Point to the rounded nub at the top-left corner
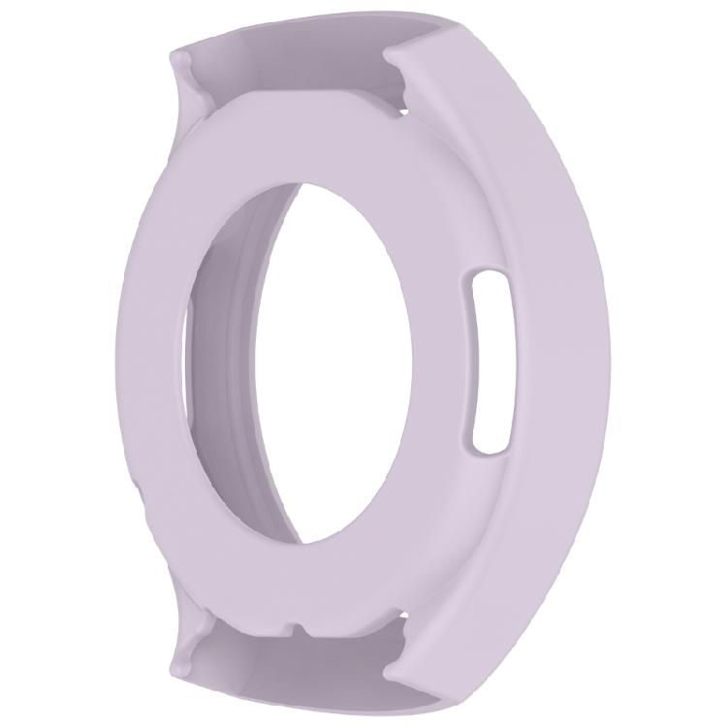[179, 63]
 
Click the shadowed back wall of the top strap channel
[291, 78]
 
